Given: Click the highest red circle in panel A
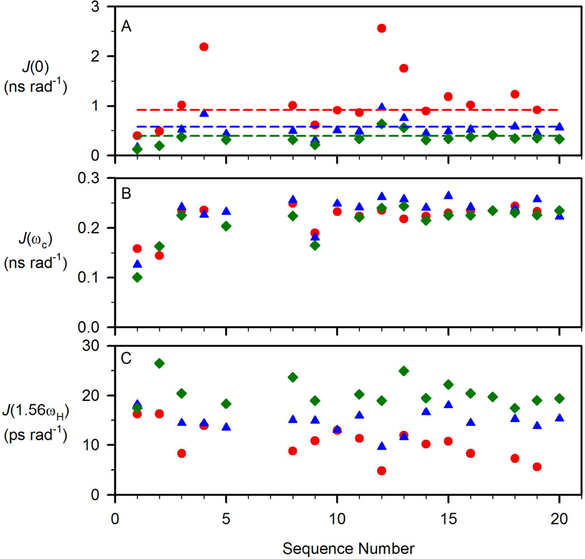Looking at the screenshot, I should click(x=382, y=28).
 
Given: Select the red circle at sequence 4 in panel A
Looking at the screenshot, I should click(x=204, y=47).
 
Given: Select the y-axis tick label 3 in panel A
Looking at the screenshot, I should click(x=104, y=7).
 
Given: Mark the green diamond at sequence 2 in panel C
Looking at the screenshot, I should click(x=159, y=364).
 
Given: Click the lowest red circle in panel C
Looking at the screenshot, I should click(x=382, y=470).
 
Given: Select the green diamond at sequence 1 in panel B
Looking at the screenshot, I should click(x=137, y=277).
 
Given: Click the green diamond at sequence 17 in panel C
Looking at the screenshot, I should click(x=493, y=397).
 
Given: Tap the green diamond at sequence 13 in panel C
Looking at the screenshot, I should click(x=404, y=371).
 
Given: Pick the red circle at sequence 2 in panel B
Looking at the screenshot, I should click(x=159, y=256).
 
